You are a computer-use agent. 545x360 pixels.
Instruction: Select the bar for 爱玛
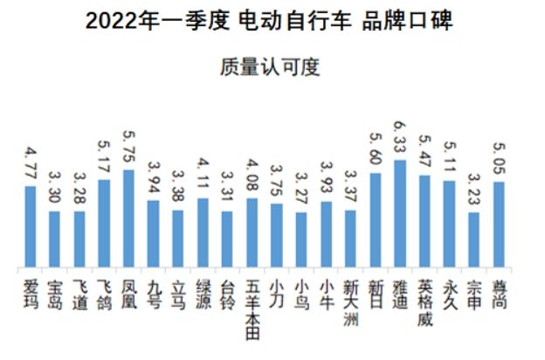click(x=30, y=227)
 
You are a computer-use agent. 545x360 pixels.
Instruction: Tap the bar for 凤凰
click(x=128, y=219)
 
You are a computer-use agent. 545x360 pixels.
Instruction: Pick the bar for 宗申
click(x=474, y=240)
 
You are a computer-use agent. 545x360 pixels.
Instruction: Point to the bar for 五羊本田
click(x=252, y=233)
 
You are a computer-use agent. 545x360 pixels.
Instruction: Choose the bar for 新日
click(x=376, y=221)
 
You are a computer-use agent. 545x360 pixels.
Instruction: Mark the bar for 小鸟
click(x=301, y=240)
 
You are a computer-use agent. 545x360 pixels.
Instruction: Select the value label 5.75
click(x=128, y=150)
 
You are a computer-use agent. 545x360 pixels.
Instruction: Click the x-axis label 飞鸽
click(x=104, y=294)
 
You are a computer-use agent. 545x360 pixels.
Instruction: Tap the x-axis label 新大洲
click(x=350, y=301)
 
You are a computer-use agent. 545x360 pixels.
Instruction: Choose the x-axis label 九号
click(x=154, y=294)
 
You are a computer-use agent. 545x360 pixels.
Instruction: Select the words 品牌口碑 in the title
click(x=407, y=21)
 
